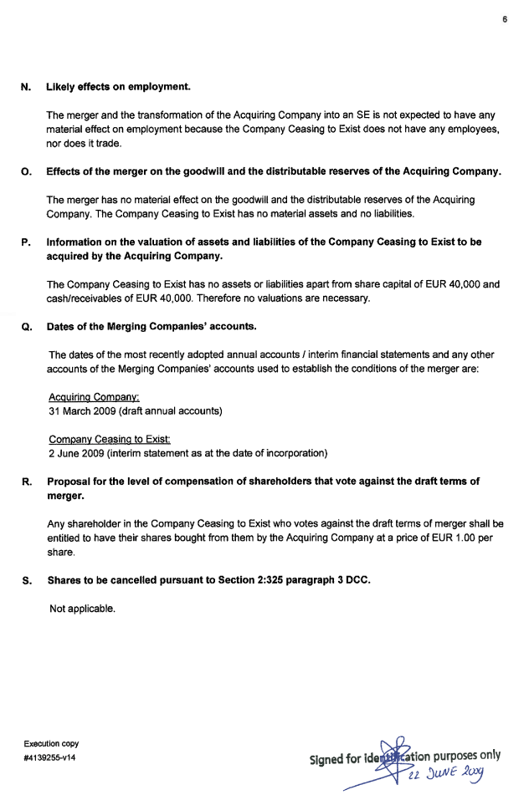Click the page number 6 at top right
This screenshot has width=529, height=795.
click(505, 19)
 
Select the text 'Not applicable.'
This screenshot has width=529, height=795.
click(82, 609)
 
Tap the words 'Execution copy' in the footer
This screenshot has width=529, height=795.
click(52, 743)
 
